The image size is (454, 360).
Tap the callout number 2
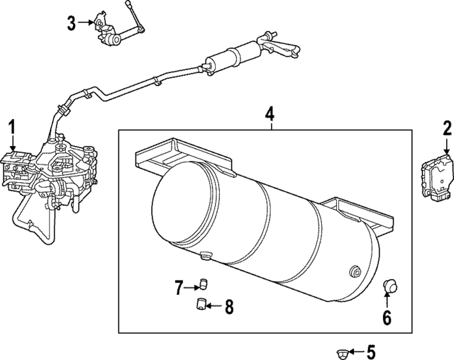[x=447, y=128]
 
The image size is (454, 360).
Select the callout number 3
[x=72, y=23]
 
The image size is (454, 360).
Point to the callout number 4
[x=270, y=113]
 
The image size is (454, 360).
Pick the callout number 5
[x=370, y=351]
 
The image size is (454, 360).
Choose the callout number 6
[x=387, y=317]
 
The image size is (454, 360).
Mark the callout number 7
[x=179, y=287]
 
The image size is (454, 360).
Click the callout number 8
[x=228, y=307]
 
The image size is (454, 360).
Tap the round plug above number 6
[x=389, y=286]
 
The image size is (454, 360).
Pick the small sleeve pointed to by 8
[x=201, y=305]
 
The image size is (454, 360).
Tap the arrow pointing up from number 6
[x=387, y=301]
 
